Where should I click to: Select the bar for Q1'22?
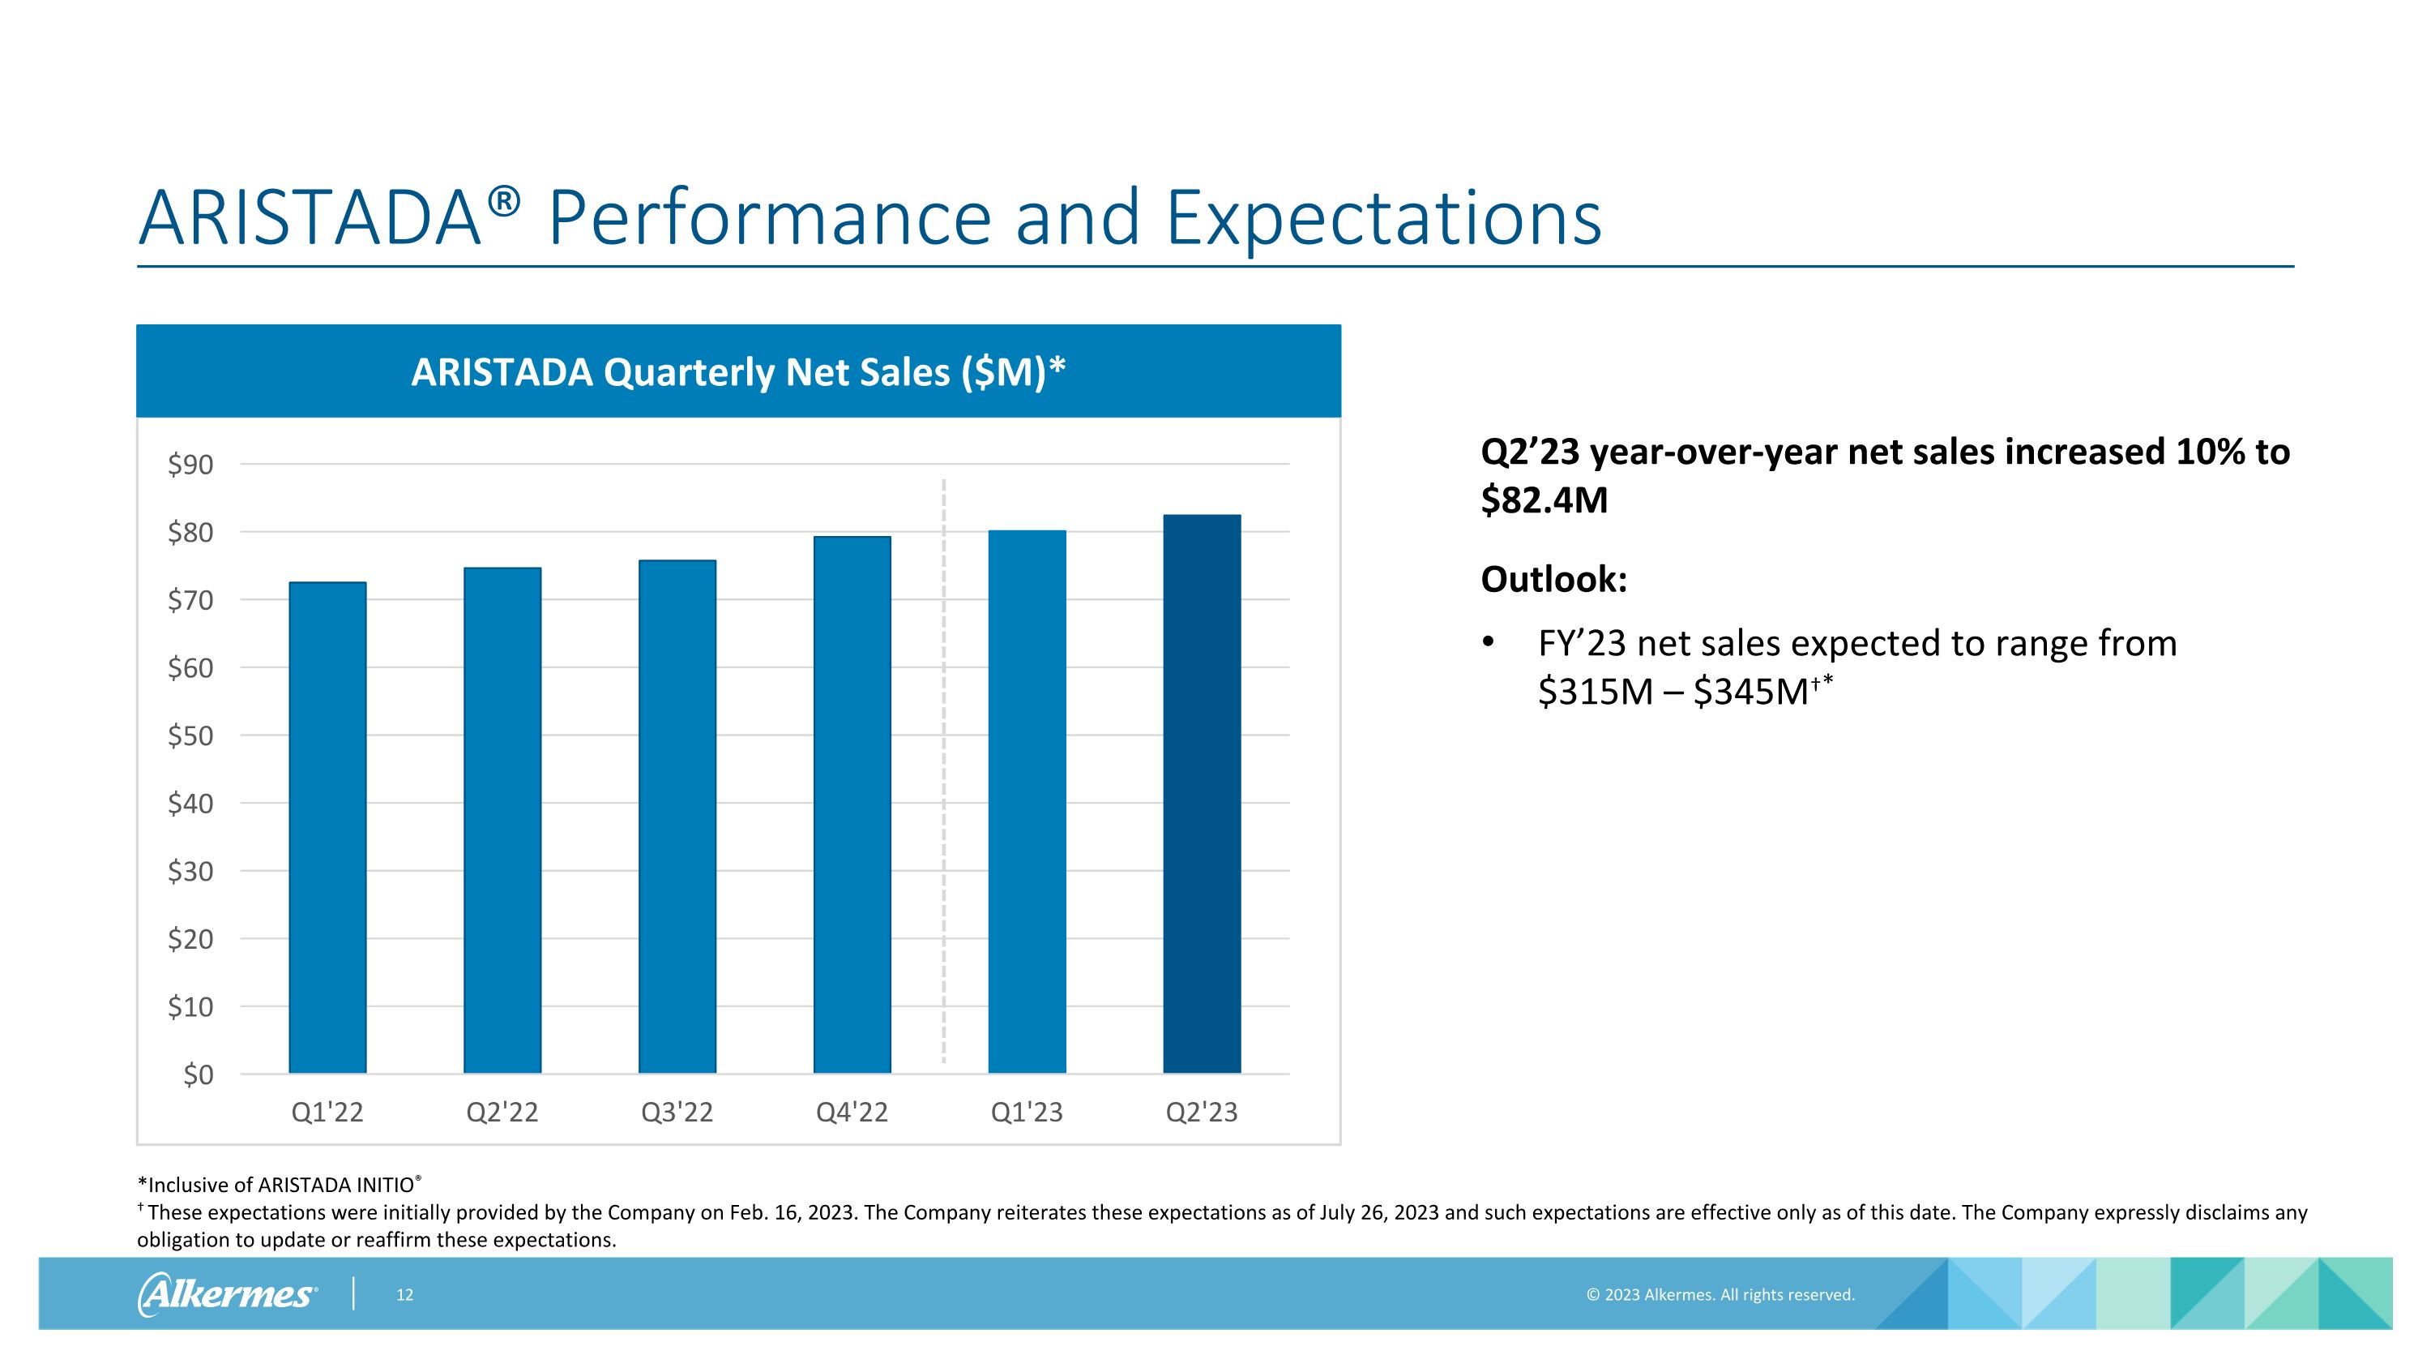click(x=327, y=827)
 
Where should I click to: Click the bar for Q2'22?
click(x=502, y=821)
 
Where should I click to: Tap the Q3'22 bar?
click(x=677, y=817)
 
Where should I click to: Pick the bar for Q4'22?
click(x=852, y=804)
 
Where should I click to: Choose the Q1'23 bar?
click(x=1027, y=801)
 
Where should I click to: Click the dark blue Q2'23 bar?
click(x=1203, y=794)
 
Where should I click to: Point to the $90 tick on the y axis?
click(x=190, y=465)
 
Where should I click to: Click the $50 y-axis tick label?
click(x=190, y=735)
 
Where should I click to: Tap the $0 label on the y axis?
click(x=199, y=1074)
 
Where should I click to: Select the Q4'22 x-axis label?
click(x=852, y=1112)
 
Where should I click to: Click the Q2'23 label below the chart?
click(x=1203, y=1112)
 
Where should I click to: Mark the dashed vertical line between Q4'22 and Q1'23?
click(x=944, y=771)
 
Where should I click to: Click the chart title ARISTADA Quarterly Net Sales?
click(x=739, y=372)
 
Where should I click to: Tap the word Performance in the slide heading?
click(x=769, y=217)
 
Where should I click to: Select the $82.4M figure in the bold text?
click(x=1544, y=500)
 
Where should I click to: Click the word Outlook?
click(x=1554, y=579)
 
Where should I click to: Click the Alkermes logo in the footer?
click(x=228, y=1294)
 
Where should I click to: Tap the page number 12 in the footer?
click(x=405, y=1295)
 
